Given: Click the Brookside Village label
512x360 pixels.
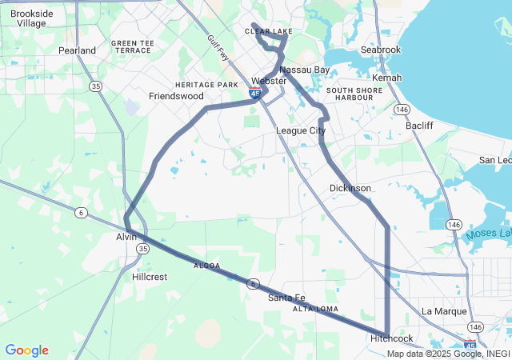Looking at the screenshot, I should click(32, 18).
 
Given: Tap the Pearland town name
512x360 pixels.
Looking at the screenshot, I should click(77, 50).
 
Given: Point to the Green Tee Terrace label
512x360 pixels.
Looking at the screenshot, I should click(132, 46).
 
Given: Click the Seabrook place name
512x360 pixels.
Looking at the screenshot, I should click(380, 50).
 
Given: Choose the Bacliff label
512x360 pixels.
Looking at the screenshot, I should click(419, 126).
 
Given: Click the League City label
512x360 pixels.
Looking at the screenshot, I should click(301, 130).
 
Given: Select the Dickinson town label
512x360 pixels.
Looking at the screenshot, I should click(350, 188).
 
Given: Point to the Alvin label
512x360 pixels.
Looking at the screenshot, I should click(126, 237).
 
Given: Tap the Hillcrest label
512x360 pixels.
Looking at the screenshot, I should click(150, 277).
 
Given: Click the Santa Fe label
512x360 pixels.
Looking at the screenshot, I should click(286, 298).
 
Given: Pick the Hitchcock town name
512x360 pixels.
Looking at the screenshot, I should click(392, 339).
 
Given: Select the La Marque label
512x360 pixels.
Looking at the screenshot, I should click(438, 311).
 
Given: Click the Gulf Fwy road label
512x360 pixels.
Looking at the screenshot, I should click(217, 47).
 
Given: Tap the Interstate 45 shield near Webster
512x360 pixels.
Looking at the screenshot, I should click(254, 94).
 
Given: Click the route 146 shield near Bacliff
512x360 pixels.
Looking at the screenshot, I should click(402, 108).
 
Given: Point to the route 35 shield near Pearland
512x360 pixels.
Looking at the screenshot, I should click(95, 86).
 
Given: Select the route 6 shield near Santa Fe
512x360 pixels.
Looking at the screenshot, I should click(253, 284).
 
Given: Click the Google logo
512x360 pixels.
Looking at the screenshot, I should click(26, 350).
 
